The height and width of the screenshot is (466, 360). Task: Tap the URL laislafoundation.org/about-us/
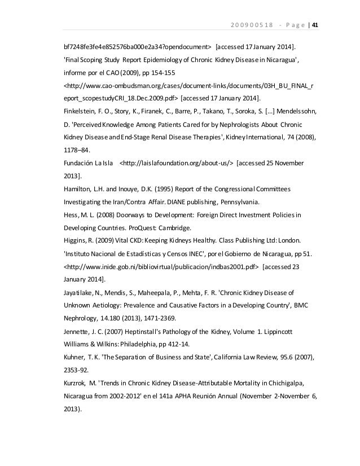click(x=177, y=164)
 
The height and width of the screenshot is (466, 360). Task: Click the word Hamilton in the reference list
click(x=77, y=189)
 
